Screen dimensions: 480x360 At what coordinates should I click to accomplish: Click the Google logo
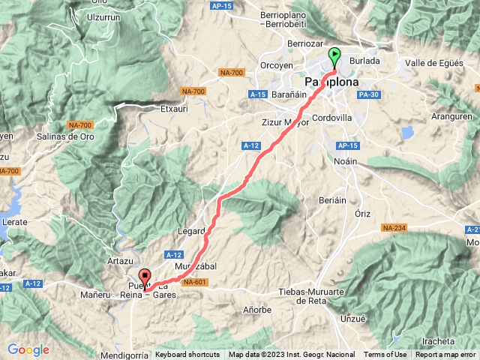click(x=28, y=349)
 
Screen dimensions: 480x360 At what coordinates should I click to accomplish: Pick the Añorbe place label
click(x=258, y=309)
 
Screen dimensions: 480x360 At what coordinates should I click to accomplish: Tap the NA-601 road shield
click(x=194, y=282)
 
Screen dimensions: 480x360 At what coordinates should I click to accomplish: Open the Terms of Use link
click(x=385, y=355)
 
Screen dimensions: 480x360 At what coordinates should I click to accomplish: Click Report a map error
click(x=446, y=355)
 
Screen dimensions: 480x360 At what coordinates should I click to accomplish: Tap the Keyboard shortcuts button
click(x=187, y=355)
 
